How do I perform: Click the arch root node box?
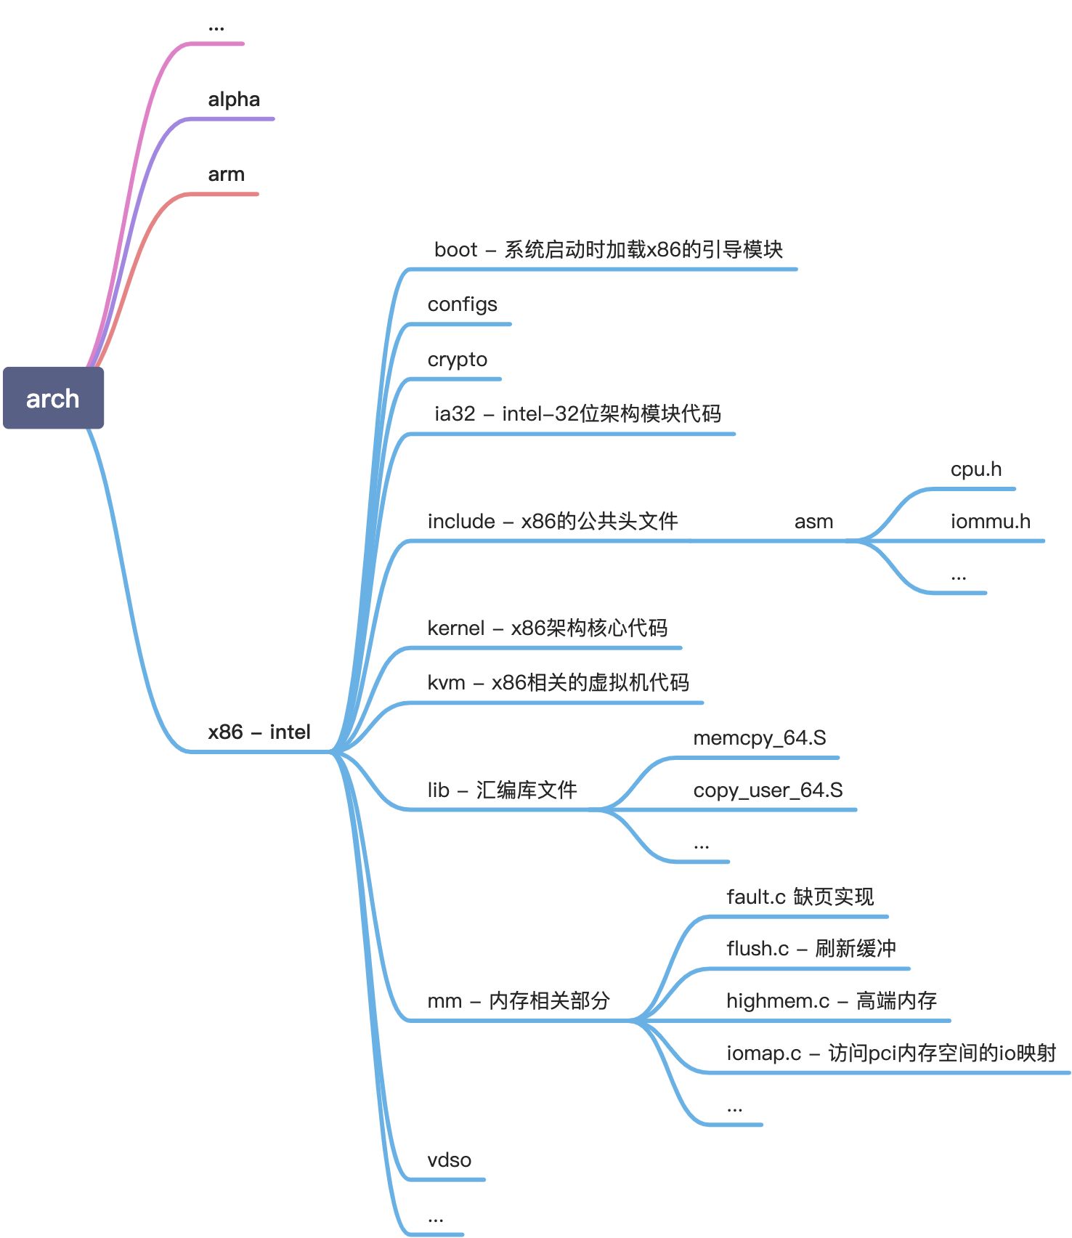[53, 398]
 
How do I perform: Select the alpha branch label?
[234, 100]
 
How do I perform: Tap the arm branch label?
[226, 174]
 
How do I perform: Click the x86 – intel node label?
[259, 732]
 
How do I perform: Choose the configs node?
[462, 304]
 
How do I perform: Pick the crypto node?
[457, 360]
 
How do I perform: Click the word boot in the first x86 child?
[455, 250]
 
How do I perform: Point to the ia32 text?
[454, 414]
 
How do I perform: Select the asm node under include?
[813, 522]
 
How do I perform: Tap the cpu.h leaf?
[975, 469]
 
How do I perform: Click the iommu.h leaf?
[990, 522]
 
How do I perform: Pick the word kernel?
[455, 628]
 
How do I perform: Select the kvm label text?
[446, 683]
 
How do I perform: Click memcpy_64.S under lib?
[759, 738]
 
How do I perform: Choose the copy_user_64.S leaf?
[768, 790]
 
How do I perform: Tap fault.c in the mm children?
[755, 897]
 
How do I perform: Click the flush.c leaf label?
[757, 949]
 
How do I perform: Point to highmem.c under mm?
[777, 1001]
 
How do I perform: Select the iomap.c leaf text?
[763, 1053]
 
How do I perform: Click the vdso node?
[449, 1160]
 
